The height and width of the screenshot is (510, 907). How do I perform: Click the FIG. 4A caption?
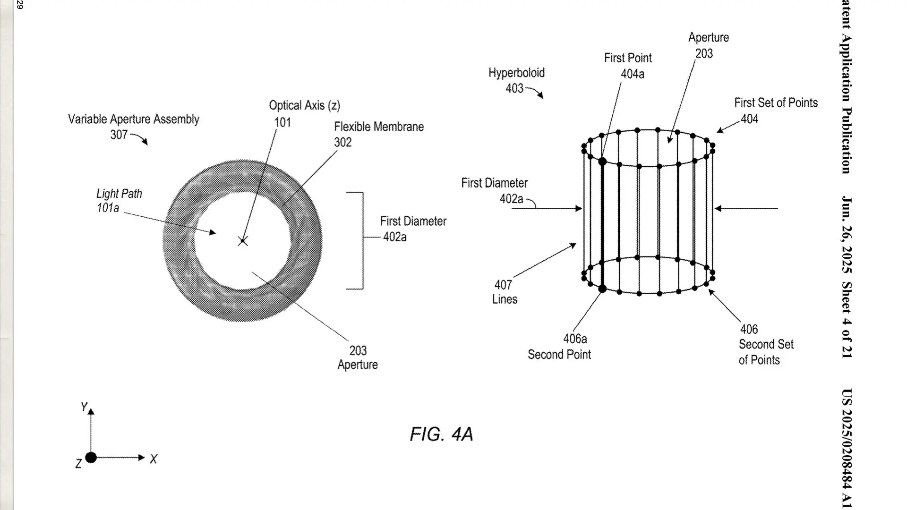pos(441,434)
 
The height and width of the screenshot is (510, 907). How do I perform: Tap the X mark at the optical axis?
pos(243,241)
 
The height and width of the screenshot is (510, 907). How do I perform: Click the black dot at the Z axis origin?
pos(91,457)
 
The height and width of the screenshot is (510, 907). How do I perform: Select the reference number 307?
pos(119,135)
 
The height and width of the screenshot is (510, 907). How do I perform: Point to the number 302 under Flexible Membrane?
pos(343,142)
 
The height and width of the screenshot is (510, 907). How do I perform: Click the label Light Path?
pos(119,194)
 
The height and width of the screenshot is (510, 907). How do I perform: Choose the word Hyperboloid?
pos(516,73)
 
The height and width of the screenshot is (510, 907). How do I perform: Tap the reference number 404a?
pos(633,74)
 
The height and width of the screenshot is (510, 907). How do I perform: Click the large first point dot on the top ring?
pos(602,161)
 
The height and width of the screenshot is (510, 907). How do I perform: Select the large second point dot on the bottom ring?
pos(602,289)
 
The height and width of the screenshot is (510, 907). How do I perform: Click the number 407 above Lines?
pos(503,285)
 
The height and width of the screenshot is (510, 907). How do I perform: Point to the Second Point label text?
pos(559,355)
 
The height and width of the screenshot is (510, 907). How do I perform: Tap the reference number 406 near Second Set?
pos(749,329)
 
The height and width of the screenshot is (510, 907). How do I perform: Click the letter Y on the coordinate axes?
pos(84,407)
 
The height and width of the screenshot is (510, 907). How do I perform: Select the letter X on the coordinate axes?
pos(154,459)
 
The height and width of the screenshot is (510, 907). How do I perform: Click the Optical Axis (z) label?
pos(304,105)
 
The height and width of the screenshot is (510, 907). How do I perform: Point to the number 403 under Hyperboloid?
pos(514,88)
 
